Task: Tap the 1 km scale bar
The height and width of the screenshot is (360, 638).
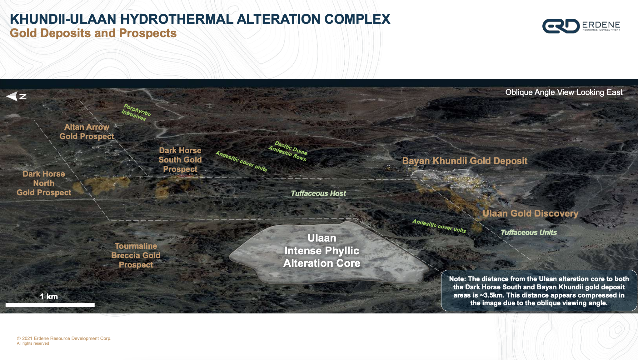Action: coord(50,305)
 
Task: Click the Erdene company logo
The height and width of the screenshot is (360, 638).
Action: coord(581,26)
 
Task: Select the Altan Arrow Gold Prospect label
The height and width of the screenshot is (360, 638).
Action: coord(87,132)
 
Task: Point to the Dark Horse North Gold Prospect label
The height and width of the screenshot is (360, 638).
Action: coord(44,183)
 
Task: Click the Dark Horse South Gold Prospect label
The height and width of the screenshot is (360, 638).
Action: coord(180,160)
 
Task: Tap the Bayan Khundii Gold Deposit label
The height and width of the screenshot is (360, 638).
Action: coord(465,161)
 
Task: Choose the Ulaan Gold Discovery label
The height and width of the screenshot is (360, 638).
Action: coord(531,213)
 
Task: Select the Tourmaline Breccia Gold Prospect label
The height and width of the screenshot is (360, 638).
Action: coord(136,255)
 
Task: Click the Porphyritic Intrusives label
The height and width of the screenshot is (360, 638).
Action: coord(136,112)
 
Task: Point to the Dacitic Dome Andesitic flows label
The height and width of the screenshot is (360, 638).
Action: coord(288,151)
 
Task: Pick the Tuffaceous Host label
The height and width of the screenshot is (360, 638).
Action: coord(318,193)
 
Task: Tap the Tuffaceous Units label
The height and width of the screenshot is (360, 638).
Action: coord(529,232)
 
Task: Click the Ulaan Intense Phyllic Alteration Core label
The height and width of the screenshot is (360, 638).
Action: coord(322,251)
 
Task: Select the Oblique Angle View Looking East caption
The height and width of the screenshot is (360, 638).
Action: coord(564,92)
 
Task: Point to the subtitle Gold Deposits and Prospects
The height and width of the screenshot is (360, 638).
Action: coord(93,33)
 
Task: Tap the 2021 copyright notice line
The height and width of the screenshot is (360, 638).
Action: coord(64,338)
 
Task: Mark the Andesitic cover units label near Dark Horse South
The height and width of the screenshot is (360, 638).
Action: coord(241,161)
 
